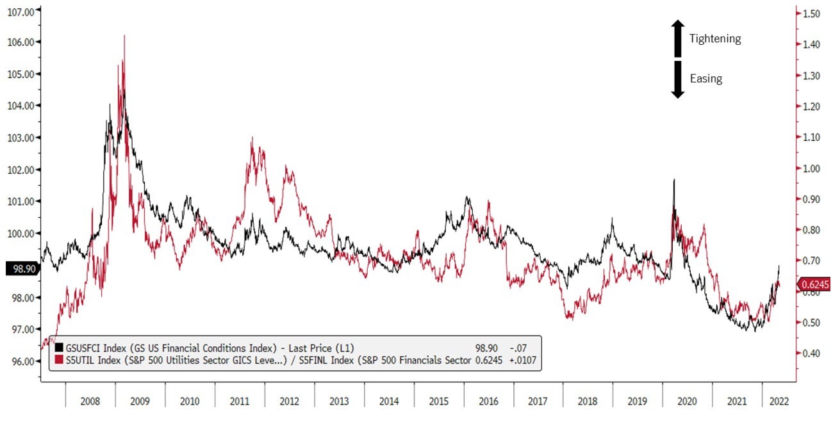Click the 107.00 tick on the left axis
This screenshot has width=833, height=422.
[x=20, y=10]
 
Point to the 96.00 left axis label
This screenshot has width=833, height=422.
[x=20, y=361]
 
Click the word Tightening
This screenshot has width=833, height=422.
[x=715, y=39]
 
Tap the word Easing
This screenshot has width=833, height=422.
[x=705, y=79]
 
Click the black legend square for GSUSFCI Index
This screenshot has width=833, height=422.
[x=60, y=348]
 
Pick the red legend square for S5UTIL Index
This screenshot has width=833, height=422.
[x=60, y=361]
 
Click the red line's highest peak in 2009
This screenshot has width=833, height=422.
[x=124, y=36]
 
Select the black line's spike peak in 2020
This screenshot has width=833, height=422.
[x=673, y=180]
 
